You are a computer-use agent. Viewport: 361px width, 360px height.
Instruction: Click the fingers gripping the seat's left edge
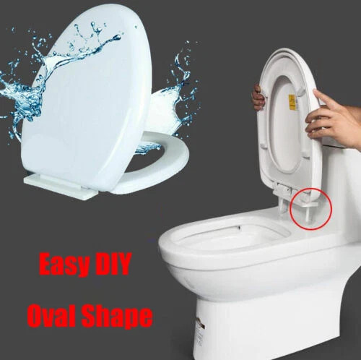click(x=257, y=96)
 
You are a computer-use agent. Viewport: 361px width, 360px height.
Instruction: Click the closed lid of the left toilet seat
click(x=87, y=101)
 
